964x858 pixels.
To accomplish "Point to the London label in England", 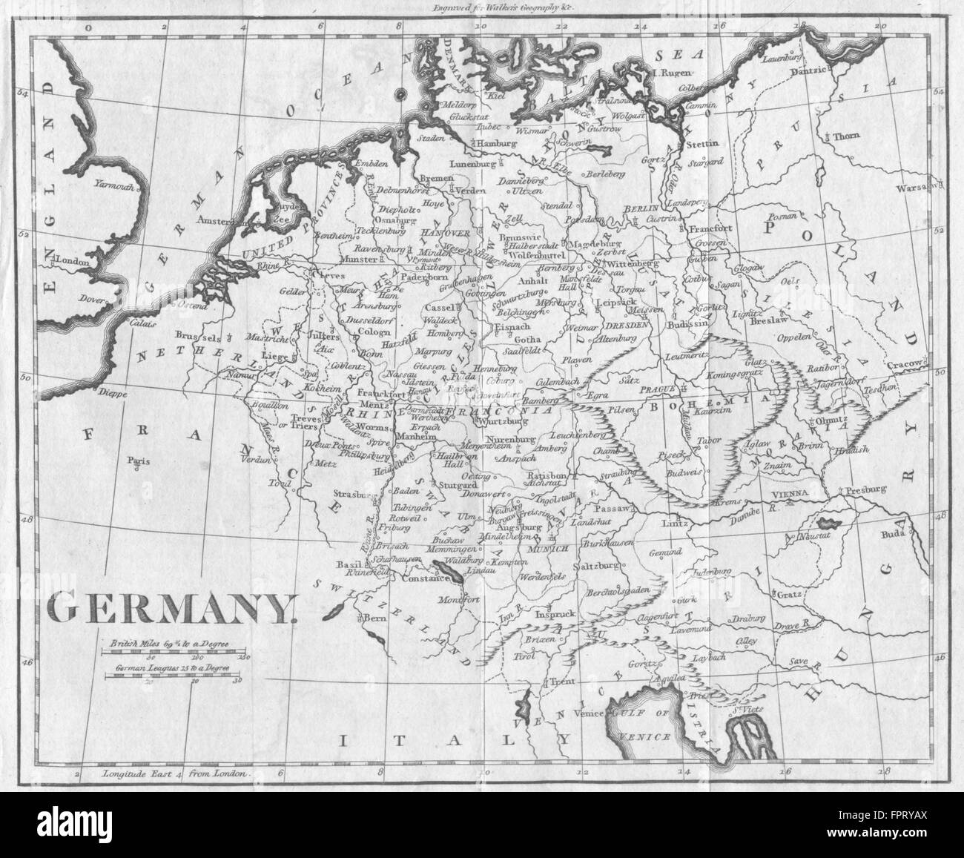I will [73, 261].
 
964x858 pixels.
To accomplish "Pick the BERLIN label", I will [641, 210].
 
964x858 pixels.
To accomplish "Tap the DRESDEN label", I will [627, 325].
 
